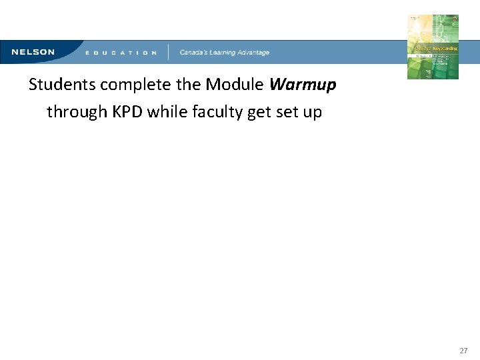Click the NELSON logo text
[33, 52]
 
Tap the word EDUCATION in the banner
[121, 53]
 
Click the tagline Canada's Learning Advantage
[224, 53]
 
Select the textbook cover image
[433, 47]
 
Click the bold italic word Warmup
[303, 85]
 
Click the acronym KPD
[127, 111]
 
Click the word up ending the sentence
[312, 113]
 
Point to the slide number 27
[464, 350]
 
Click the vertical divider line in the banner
[168, 52]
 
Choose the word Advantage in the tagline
[253, 53]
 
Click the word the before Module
[188, 85]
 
